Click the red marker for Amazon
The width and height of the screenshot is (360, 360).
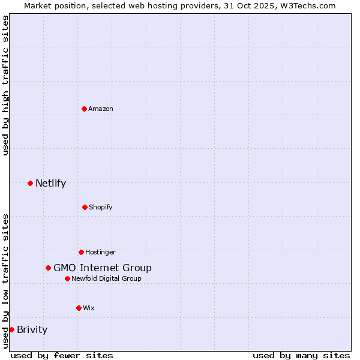pyautogui.click(x=84, y=109)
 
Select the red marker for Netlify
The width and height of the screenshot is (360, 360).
pyautogui.click(x=30, y=183)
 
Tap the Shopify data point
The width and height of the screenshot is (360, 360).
pyautogui.click(x=85, y=207)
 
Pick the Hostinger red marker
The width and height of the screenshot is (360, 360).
pyautogui.click(x=81, y=252)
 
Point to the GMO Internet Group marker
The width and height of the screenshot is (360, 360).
pyautogui.click(x=48, y=268)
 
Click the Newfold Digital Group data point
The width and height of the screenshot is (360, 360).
pyautogui.click(x=67, y=278)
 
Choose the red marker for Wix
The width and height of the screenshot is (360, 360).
pyautogui.click(x=79, y=308)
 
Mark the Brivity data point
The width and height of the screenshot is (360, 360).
pyautogui.click(x=11, y=329)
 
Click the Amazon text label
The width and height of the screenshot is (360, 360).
pyautogui.click(x=101, y=109)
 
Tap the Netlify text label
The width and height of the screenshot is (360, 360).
pyautogui.click(x=50, y=183)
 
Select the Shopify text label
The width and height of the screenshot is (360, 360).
pyautogui.click(x=100, y=207)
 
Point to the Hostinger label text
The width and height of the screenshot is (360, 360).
pyautogui.click(x=100, y=252)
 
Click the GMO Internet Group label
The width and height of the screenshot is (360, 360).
pyautogui.click(x=103, y=268)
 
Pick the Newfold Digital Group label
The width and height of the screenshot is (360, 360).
pyautogui.click(x=107, y=278)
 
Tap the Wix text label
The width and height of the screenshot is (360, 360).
pyautogui.click(x=89, y=308)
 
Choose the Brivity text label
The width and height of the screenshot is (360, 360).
pyautogui.click(x=32, y=329)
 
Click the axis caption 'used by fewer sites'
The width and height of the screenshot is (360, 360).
pyautogui.click(x=62, y=355)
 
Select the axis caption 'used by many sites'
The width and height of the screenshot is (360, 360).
pyautogui.click(x=301, y=355)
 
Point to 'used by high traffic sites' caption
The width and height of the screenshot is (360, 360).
pyautogui.click(x=5, y=85)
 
